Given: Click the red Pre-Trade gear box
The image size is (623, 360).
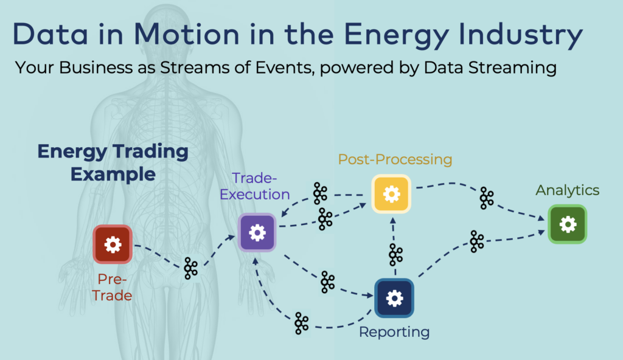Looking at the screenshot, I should [x=113, y=244].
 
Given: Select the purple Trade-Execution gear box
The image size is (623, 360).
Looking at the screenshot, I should [x=257, y=232].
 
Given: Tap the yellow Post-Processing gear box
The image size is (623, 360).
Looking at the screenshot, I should [x=392, y=194].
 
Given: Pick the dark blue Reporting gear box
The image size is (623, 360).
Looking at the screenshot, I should [x=394, y=298].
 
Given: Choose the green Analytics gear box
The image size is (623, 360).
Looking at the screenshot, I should [x=567, y=224].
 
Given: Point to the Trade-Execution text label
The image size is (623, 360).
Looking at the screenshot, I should [x=255, y=187].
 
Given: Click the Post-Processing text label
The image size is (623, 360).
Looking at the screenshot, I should [x=395, y=160].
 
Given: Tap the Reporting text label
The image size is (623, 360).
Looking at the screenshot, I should [x=394, y=332].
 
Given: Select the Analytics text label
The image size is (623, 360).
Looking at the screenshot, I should [x=567, y=190].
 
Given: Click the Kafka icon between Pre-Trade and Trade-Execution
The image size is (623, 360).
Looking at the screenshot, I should [x=191, y=268].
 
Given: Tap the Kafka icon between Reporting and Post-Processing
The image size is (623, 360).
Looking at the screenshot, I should [x=396, y=255].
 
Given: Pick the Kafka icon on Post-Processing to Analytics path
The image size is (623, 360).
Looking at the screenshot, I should [x=487, y=198].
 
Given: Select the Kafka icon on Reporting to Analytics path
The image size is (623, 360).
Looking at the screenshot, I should [x=477, y=241].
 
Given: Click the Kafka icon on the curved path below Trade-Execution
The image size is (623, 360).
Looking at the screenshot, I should [x=301, y=323].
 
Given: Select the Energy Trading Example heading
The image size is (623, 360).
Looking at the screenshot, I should [x=113, y=162].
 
